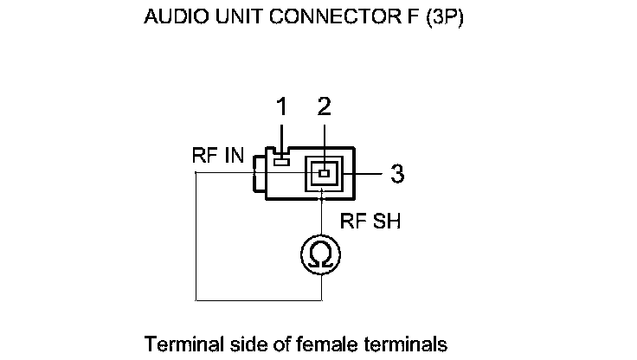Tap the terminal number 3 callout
click(396, 174)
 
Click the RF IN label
click(218, 157)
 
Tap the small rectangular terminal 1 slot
click(281, 160)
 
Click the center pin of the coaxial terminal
click(324, 174)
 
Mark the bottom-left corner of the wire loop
click(196, 300)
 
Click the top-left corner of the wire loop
click(196, 174)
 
